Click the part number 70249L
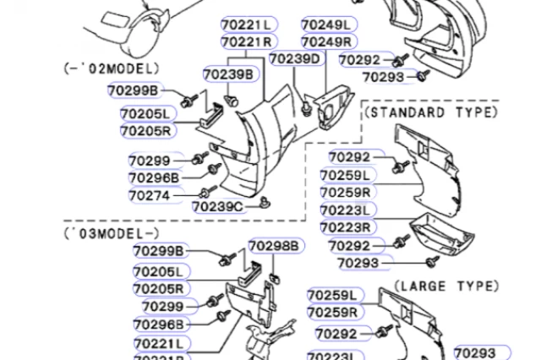(x=329, y=24)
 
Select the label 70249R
(x=329, y=41)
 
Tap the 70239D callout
(x=295, y=59)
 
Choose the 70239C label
(x=217, y=206)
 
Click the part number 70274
(x=149, y=196)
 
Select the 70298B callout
(x=273, y=246)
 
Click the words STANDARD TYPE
(x=431, y=112)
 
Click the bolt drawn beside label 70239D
(x=303, y=108)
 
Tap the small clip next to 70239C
(x=265, y=200)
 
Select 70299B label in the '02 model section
(x=133, y=90)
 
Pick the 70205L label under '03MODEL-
(x=159, y=271)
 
